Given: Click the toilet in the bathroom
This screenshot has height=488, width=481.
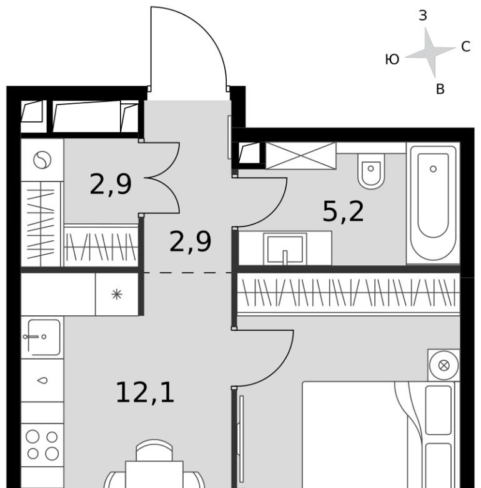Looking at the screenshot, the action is click(x=371, y=171).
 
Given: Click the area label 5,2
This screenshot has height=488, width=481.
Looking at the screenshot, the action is click(x=343, y=212).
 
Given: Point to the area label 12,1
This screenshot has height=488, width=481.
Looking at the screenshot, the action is click(x=145, y=393).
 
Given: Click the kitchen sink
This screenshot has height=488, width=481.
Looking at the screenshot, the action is click(x=42, y=337).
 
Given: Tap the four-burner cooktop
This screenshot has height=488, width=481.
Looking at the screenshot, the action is click(x=42, y=445).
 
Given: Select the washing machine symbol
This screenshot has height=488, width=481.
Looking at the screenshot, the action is click(x=42, y=160).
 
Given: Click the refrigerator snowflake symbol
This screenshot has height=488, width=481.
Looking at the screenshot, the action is click(x=117, y=295).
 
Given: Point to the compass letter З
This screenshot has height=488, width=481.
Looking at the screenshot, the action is click(x=423, y=16).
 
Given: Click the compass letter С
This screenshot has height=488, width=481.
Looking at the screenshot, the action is click(x=465, y=47).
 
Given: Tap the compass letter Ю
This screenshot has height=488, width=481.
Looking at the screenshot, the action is click(x=392, y=59).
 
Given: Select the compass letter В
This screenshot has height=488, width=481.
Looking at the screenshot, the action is click(x=440, y=89).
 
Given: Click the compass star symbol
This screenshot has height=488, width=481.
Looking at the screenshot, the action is click(x=431, y=53).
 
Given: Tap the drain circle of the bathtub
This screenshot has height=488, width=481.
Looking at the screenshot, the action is click(x=433, y=169).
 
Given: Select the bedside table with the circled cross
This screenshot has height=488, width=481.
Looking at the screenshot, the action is click(x=444, y=365).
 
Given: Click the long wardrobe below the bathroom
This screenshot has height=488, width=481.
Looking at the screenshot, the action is click(x=349, y=295).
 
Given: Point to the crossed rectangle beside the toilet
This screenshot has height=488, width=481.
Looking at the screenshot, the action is click(x=300, y=156).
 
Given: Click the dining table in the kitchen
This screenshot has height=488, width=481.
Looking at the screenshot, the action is click(x=154, y=475).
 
